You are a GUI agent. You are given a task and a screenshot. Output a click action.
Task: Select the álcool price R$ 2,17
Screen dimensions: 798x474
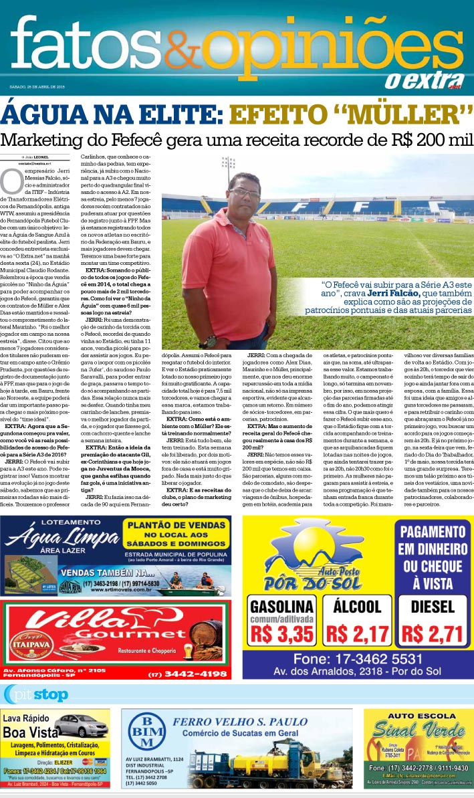(x=357, y=633)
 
